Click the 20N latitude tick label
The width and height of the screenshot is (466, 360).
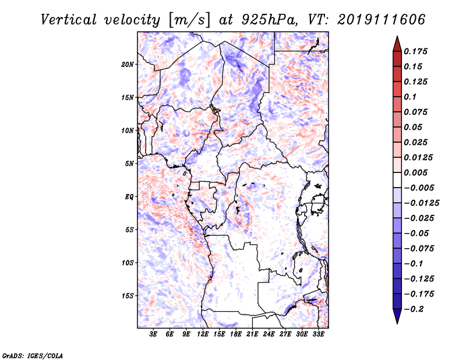click(127, 65)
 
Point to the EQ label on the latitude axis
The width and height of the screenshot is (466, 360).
click(129, 197)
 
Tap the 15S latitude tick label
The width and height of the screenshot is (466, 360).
click(127, 296)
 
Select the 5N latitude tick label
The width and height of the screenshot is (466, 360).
click(129, 164)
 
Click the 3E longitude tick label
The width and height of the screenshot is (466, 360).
click(153, 334)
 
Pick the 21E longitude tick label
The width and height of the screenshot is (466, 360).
click(252, 334)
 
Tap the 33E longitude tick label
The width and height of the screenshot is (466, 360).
click(318, 334)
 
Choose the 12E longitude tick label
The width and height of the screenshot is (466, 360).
click(202, 334)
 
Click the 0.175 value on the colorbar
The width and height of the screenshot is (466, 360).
click(415, 51)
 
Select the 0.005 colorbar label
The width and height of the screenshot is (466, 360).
click(415, 172)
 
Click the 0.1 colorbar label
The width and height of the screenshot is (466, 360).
click(410, 97)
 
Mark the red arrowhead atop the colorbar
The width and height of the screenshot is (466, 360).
click(397, 44)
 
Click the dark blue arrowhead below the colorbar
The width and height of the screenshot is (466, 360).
click(397, 316)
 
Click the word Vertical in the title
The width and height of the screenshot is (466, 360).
click(69, 20)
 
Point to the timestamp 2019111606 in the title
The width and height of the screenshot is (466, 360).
click(382, 20)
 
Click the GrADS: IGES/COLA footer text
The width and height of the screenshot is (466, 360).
click(33, 355)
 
